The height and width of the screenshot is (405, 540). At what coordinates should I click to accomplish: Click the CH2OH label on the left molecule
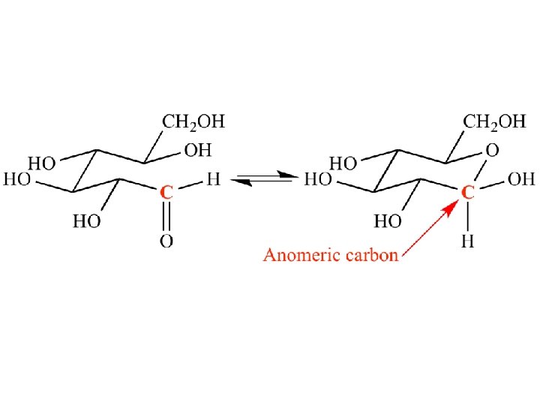coord(194,121)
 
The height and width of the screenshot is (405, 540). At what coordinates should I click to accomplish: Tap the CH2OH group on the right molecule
coord(494,121)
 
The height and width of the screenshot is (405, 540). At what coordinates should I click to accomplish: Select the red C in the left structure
coord(167,193)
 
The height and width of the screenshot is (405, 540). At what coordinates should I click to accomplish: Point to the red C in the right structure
coord(467,193)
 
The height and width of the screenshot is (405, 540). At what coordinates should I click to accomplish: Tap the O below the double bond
coord(167,241)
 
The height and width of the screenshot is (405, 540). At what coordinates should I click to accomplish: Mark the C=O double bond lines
coord(167,216)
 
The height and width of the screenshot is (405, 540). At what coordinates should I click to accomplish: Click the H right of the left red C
coord(214,180)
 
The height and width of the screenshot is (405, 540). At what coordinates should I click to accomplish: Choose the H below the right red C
coord(467,241)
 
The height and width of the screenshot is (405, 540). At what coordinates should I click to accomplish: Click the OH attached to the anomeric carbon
coord(522,180)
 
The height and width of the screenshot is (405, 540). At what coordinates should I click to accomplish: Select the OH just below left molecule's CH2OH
coord(198,151)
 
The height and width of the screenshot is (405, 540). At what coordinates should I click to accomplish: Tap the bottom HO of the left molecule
coord(87,221)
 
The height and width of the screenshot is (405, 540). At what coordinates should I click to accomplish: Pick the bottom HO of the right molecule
coord(387,221)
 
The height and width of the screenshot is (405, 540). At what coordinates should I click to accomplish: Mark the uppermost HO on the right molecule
coord(343,163)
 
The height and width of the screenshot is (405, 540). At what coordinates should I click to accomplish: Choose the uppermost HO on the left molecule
coord(42,163)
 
